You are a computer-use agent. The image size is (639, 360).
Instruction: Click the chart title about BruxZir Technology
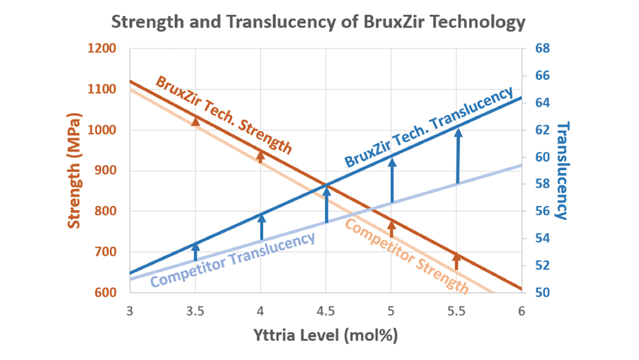pos(318,22)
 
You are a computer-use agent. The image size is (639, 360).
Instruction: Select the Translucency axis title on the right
pos(562,170)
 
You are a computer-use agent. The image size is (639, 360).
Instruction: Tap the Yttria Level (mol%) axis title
pos(326,334)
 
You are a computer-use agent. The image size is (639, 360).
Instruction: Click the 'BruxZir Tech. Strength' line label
pos(224,116)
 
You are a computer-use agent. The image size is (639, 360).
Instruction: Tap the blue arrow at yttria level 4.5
pos(327,204)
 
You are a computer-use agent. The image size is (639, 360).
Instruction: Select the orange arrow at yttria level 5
pos(392,228)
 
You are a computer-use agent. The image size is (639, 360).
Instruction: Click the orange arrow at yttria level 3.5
pos(196,121)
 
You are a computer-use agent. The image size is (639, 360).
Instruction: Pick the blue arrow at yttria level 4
pos(261,227)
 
